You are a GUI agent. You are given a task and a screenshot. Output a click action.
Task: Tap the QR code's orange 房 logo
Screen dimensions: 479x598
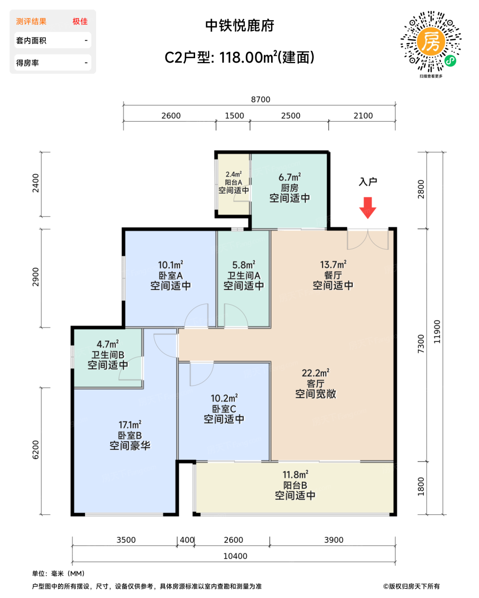431,42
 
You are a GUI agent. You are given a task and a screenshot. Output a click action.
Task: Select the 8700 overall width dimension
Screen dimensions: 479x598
260,100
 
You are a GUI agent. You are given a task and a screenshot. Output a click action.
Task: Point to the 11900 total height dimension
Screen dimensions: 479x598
437,331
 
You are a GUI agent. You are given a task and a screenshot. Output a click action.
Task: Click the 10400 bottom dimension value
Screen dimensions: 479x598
235,556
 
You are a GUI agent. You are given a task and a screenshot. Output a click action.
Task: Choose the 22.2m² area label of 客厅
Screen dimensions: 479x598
315,373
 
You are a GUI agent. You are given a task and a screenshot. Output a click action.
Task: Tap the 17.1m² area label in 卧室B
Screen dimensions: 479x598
130,425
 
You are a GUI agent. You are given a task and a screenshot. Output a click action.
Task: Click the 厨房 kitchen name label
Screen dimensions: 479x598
289,188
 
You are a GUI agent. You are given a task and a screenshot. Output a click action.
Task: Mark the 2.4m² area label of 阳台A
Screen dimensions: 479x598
234,174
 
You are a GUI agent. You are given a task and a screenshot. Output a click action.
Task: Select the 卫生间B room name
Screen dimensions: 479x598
108,355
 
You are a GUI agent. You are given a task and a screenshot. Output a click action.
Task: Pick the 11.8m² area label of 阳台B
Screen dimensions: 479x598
295,475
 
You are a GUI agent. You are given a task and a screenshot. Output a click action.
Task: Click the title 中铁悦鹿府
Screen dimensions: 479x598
239,26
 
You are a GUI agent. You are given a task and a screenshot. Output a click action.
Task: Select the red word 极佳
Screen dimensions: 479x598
80,21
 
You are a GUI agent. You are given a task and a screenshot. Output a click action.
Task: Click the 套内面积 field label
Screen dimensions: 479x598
31,41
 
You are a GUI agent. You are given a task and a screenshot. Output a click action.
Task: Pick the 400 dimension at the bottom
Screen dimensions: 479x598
187,539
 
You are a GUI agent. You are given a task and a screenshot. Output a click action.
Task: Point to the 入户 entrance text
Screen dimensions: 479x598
368,182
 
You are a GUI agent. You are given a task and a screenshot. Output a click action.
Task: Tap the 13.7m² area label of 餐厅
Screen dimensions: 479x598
333,264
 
